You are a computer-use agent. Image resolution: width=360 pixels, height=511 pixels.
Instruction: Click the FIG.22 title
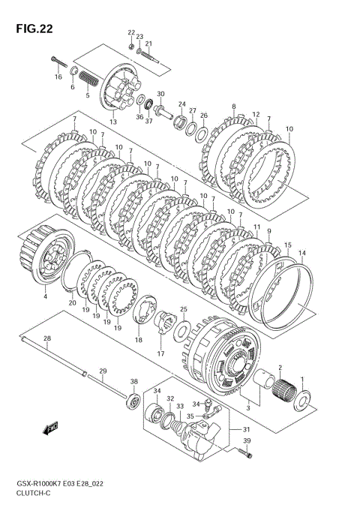[x=34, y=29]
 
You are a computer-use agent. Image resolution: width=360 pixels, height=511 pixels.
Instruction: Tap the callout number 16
[x=58, y=77]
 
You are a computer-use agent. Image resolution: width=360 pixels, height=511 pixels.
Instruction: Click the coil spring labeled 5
[x=88, y=80]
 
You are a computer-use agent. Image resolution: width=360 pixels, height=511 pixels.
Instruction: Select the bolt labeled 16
[x=59, y=62]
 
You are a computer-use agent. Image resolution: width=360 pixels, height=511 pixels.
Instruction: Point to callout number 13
[x=112, y=122]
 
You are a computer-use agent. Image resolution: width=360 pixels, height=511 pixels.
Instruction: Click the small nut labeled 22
[x=130, y=47]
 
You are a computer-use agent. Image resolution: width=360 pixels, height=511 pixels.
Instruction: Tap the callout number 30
[x=160, y=94]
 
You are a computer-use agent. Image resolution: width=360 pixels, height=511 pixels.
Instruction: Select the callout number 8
[x=233, y=107]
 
